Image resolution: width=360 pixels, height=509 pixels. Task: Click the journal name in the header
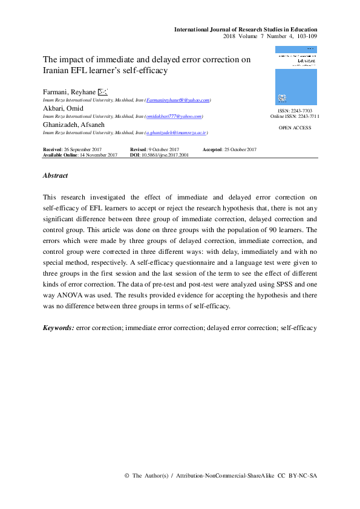[x=245, y=30]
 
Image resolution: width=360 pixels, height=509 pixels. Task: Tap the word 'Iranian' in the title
[x=59, y=70]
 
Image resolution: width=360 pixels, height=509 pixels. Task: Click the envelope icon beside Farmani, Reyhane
[x=102, y=91]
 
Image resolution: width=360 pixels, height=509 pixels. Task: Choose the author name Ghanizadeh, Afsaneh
[x=73, y=124]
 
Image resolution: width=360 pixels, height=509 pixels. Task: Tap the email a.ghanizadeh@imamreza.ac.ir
[x=176, y=132]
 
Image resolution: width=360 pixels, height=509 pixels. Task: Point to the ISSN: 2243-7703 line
[x=295, y=111]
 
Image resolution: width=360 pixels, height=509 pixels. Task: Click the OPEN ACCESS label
[x=295, y=128]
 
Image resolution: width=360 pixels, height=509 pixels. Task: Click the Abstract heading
[x=55, y=175]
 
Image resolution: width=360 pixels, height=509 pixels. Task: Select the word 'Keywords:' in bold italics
[x=59, y=328]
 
